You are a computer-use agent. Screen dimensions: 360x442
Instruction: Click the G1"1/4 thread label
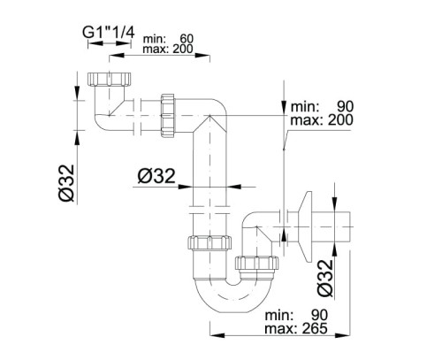point(109,34)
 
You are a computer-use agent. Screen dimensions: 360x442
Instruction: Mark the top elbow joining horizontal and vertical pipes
point(212,117)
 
